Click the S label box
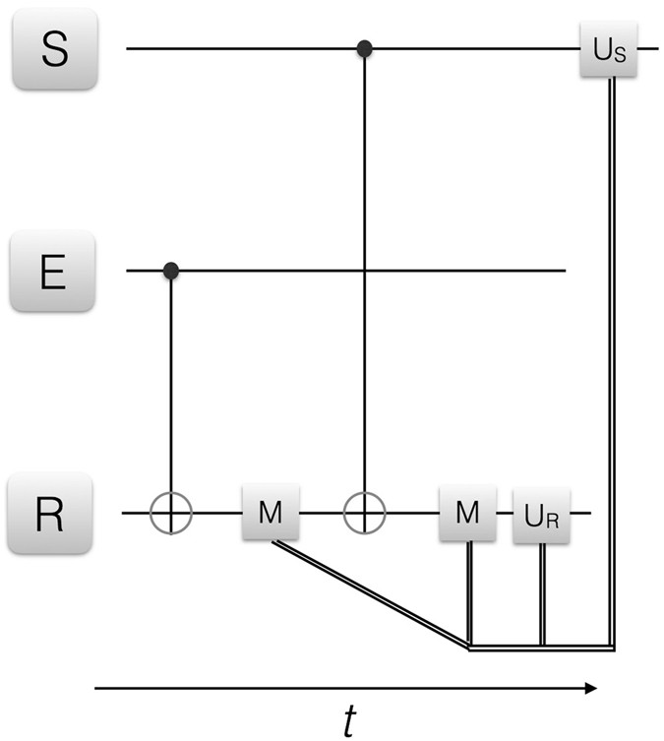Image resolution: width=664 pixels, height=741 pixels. point(54,50)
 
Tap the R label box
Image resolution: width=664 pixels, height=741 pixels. point(54,513)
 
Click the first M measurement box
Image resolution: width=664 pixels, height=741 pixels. point(270,513)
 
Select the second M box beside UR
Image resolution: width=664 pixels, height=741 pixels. point(466,513)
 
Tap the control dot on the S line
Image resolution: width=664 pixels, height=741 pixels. point(365,47)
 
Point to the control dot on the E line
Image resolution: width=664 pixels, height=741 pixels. point(171,269)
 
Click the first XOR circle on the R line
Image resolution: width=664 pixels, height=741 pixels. point(171,513)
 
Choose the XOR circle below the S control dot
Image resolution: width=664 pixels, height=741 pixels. point(365,513)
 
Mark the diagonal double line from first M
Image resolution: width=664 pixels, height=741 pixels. point(369,594)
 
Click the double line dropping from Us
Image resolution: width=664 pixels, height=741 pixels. point(612,344)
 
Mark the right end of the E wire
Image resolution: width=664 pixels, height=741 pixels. point(563,269)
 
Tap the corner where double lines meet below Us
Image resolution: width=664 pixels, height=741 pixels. point(612,648)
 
